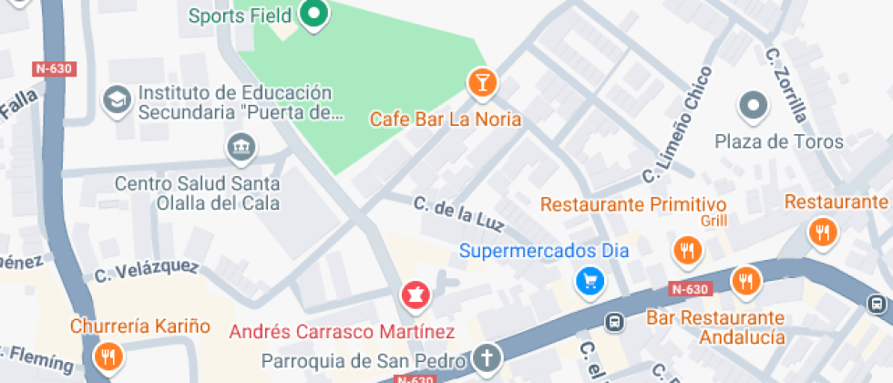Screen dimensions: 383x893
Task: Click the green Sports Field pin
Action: pos(314,15)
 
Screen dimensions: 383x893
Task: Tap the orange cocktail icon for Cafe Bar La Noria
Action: pos(482,83)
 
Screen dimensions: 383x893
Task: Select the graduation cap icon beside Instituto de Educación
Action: pos(118,100)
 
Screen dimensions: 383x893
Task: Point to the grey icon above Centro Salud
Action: pos(240,146)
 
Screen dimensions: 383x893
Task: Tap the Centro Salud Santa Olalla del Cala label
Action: pos(197,193)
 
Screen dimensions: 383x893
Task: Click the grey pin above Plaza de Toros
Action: pos(754,107)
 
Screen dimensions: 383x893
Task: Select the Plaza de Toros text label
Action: pos(779,142)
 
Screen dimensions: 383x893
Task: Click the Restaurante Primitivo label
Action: pos(633,204)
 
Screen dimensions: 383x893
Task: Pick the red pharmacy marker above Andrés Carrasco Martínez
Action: pos(416,295)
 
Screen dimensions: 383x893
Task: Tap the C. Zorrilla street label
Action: pos(786,85)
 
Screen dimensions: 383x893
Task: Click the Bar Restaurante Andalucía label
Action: pos(715,327)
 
